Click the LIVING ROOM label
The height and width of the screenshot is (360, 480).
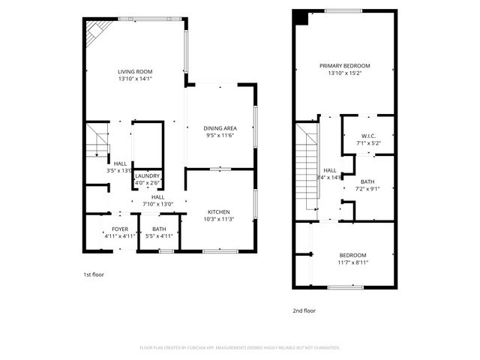click(x=135, y=72)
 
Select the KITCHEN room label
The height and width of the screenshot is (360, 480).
click(x=219, y=212)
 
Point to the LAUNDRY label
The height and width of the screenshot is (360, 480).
click(x=147, y=175)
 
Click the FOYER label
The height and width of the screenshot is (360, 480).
click(x=120, y=229)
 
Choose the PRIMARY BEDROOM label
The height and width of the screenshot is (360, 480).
click(x=344, y=66)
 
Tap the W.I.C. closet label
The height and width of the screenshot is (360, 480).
click(x=367, y=135)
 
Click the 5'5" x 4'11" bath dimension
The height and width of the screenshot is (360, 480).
click(x=159, y=236)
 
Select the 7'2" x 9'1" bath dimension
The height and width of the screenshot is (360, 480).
click(x=367, y=188)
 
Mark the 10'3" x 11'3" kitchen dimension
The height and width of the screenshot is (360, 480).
click(x=219, y=219)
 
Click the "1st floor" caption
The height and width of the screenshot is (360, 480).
click(x=94, y=274)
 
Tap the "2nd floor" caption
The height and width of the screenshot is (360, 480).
click(x=304, y=310)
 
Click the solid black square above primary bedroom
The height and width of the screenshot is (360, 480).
click(x=301, y=17)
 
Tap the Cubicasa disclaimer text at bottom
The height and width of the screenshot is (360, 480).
click(x=240, y=348)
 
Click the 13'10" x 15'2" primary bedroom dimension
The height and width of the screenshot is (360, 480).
click(x=344, y=73)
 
